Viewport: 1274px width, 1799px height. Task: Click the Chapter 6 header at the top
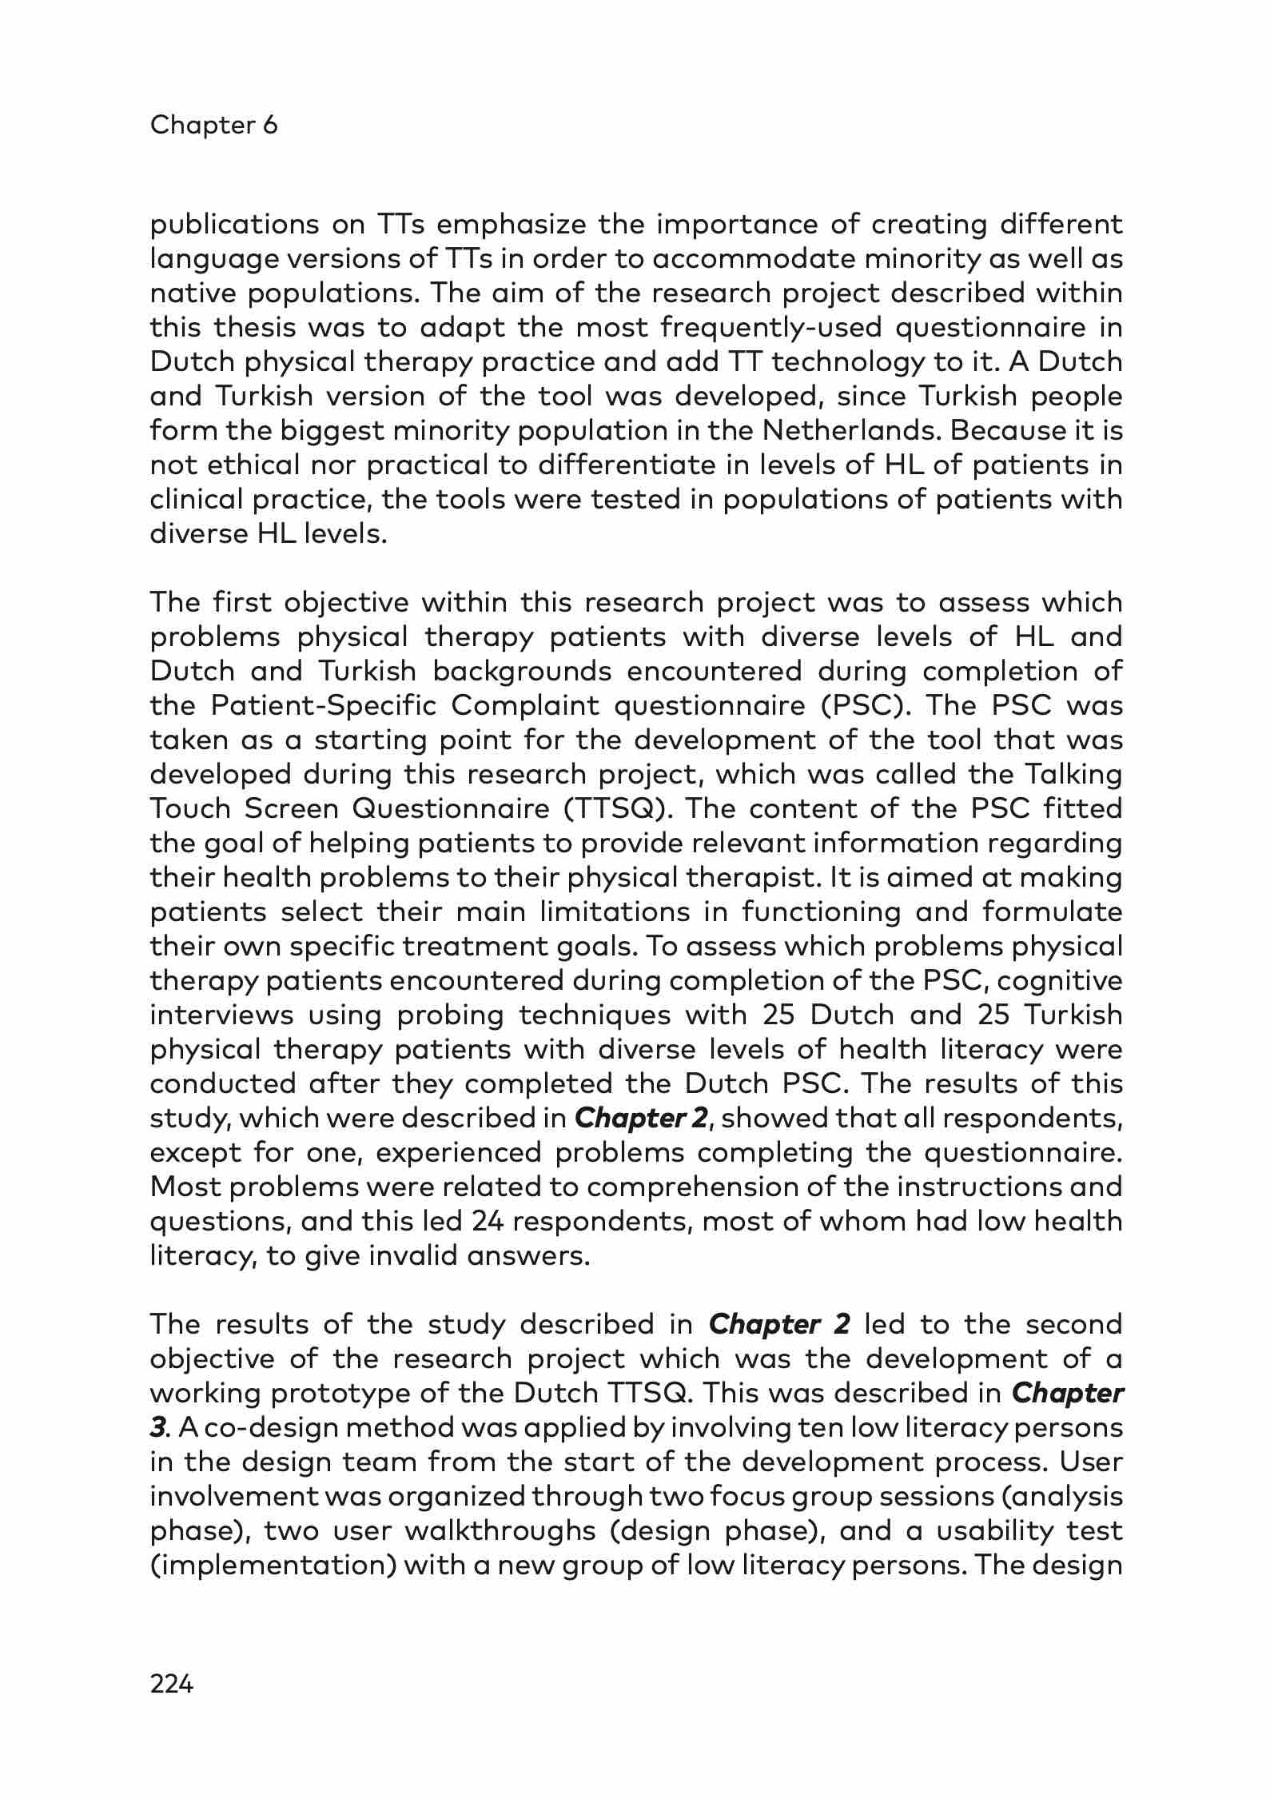coord(213,125)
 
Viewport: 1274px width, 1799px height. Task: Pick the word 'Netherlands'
coord(849,431)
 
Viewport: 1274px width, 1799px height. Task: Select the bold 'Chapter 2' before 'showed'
coord(641,1119)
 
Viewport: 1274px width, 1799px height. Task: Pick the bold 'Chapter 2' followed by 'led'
coord(779,1325)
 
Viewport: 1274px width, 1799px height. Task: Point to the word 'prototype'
coord(329,1394)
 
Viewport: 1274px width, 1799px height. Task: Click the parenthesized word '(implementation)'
coord(273,1566)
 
